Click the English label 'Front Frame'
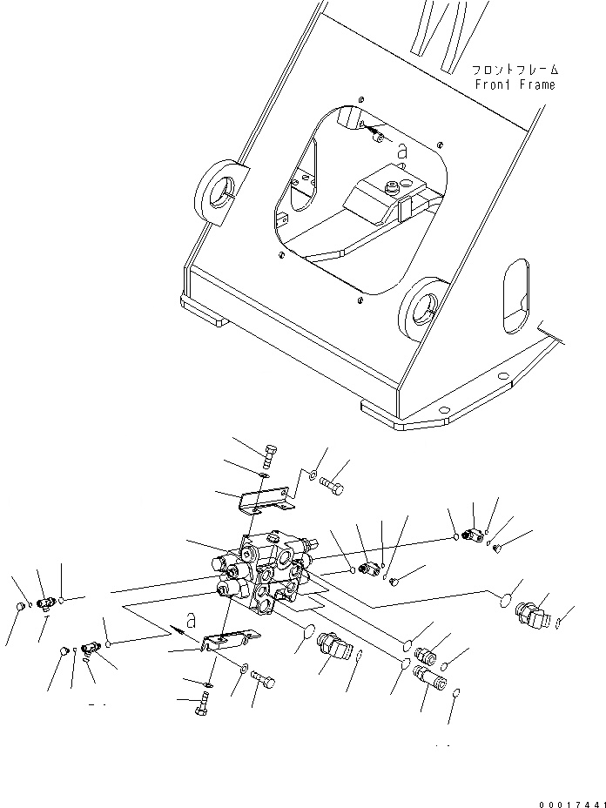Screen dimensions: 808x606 pos(515,84)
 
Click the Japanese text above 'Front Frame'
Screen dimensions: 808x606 pos(515,69)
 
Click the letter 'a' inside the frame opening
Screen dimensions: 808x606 pos(401,150)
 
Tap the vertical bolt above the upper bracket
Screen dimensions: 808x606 pos(269,454)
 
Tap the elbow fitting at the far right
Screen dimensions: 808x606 pos(530,615)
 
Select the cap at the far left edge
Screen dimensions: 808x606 pos(21,608)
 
